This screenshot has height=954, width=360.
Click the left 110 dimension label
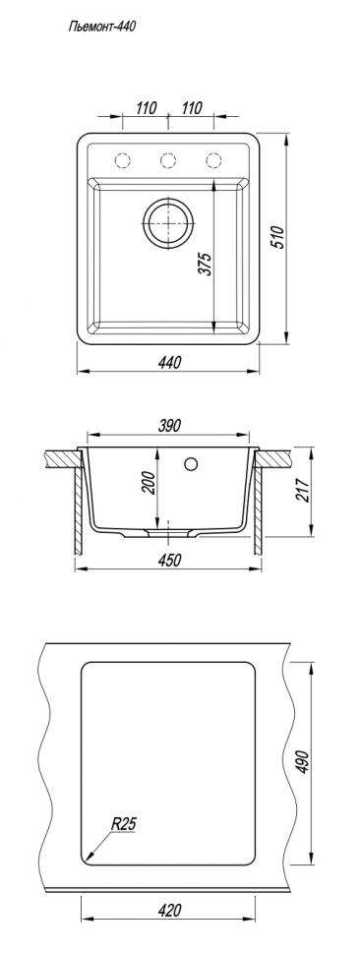click(x=146, y=108)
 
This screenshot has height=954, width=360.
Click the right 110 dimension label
click(x=192, y=108)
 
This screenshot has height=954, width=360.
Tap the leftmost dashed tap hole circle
click(x=122, y=160)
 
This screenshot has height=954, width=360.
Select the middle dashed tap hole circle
click(x=168, y=160)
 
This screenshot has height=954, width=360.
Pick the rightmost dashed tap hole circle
click(x=213, y=160)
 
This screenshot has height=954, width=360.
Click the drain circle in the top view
click(x=168, y=222)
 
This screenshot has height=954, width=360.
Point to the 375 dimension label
click(x=207, y=264)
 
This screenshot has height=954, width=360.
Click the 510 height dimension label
click(x=277, y=238)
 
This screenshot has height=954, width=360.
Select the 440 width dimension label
click(x=169, y=363)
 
